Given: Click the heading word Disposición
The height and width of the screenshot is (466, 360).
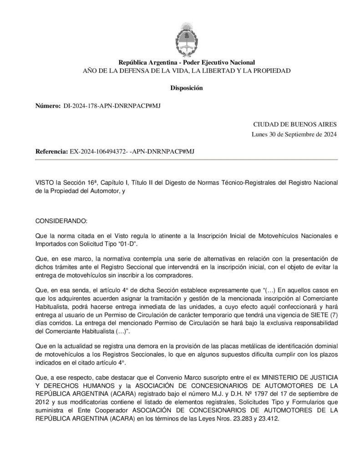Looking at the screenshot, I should coord(186,88).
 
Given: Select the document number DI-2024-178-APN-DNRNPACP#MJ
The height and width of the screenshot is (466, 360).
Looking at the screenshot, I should coord(112,106).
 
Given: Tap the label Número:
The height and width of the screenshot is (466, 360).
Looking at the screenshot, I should coord(48,106).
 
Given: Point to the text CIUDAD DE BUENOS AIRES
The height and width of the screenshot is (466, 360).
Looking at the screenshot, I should coord(295,124).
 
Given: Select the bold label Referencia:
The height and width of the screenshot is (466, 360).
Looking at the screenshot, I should coord(51,151).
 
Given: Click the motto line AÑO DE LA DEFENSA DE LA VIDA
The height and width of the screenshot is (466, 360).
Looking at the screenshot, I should coord(186,71).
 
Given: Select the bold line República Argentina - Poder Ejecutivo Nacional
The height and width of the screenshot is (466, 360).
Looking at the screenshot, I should coord(186,62).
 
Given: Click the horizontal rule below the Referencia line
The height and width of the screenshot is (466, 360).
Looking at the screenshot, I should coord(186,160).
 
